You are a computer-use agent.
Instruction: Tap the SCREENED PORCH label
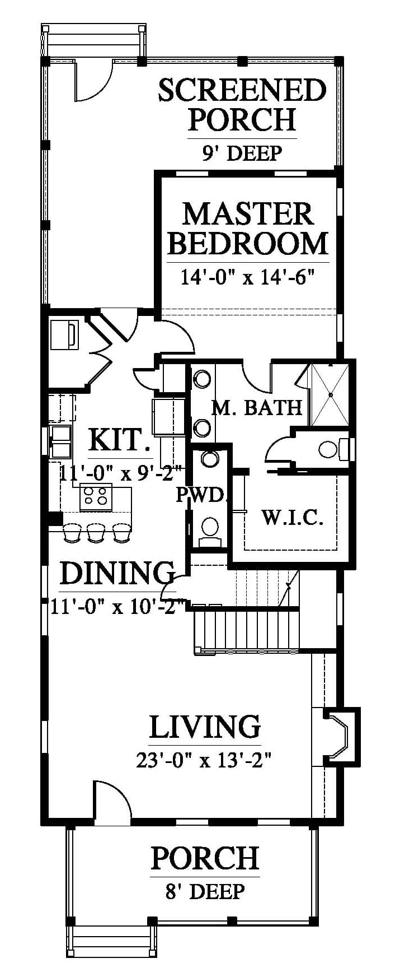pyautogui.click(x=242, y=105)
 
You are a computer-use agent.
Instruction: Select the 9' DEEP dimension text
pyautogui.click(x=242, y=152)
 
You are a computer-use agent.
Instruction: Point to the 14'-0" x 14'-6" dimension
pyautogui.click(x=248, y=276)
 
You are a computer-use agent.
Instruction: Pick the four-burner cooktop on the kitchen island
pyautogui.click(x=96, y=497)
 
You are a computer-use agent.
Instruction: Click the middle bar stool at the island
pyautogui.click(x=96, y=533)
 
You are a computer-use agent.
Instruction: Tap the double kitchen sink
pyautogui.click(x=60, y=441)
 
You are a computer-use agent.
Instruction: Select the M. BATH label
pyautogui.click(x=256, y=407)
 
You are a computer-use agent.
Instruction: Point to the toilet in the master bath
pyautogui.click(x=333, y=449)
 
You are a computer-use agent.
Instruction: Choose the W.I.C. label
pyautogui.click(x=293, y=517)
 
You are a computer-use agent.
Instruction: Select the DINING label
pyautogui.click(x=117, y=573)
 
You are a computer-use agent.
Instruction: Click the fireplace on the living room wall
pyautogui.click(x=342, y=736)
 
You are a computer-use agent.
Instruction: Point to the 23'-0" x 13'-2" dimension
pyautogui.click(x=204, y=760)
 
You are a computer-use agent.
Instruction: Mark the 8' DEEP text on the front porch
pyautogui.click(x=205, y=891)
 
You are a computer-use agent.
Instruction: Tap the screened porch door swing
pyautogui.click(x=93, y=81)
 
